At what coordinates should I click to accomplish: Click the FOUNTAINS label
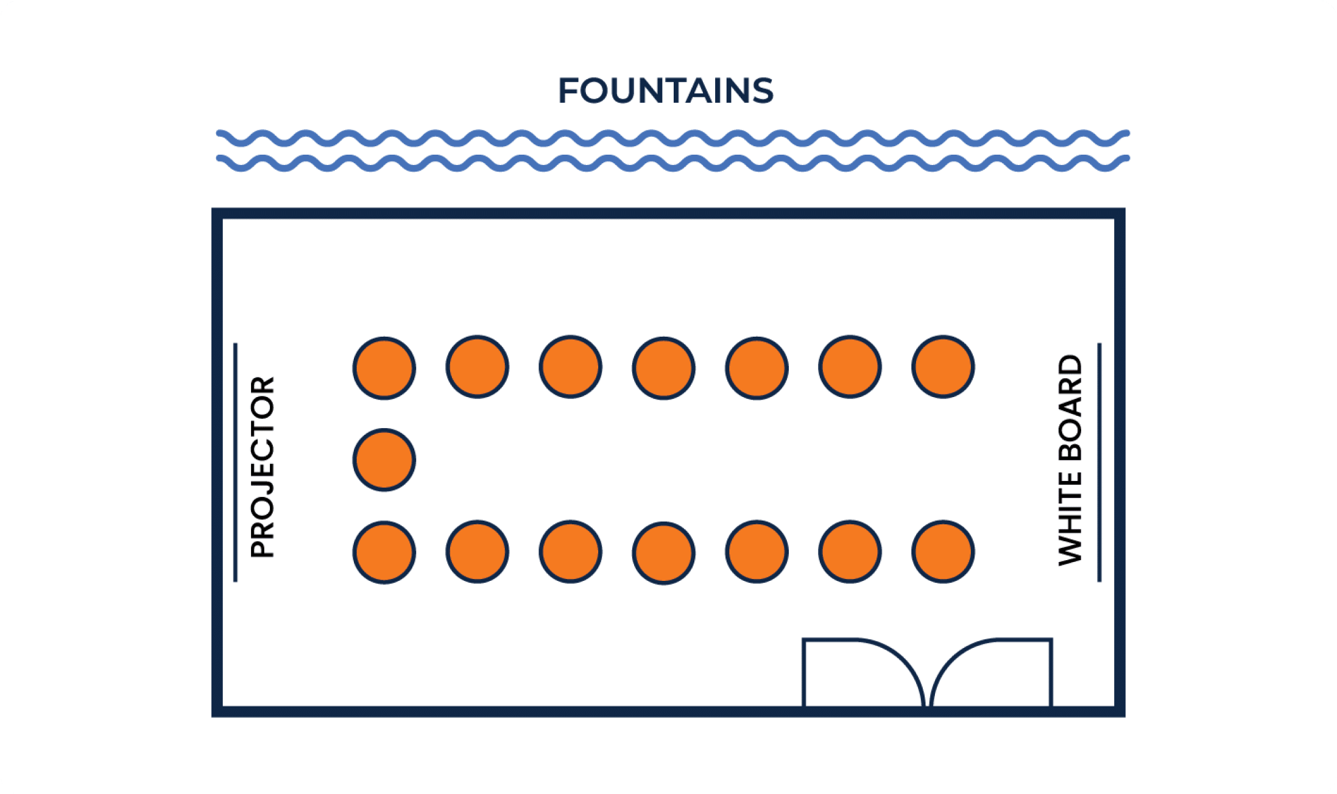click(x=665, y=91)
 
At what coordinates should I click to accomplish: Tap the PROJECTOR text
click(x=263, y=467)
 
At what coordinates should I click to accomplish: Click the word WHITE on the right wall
click(x=1070, y=518)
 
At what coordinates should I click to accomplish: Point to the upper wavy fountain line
click(x=673, y=138)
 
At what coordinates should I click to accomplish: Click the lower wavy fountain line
click(x=673, y=163)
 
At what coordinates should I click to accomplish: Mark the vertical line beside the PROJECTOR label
click(x=235, y=463)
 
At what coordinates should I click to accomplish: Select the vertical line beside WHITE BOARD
click(x=1099, y=463)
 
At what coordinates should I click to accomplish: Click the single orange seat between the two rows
click(x=384, y=460)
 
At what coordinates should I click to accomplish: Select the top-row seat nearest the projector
click(x=384, y=368)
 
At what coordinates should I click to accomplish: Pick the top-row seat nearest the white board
click(x=944, y=367)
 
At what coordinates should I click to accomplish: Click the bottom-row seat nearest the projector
click(x=384, y=552)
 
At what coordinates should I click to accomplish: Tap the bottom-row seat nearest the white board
click(x=944, y=552)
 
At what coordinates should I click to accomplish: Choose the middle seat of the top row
click(x=664, y=368)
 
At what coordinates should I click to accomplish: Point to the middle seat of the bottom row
click(x=664, y=553)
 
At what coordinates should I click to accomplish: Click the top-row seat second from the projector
click(x=478, y=367)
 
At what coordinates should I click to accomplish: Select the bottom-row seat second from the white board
click(x=850, y=552)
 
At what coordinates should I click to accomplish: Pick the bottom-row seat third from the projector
click(x=571, y=552)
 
